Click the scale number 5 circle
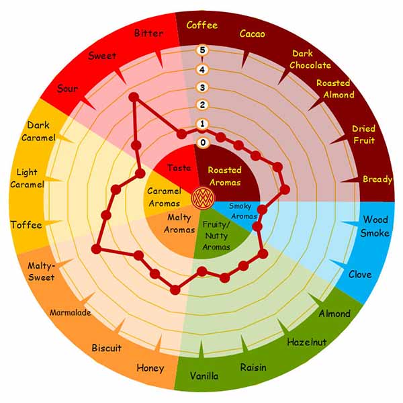click(x=202, y=50)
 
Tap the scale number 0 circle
click(x=203, y=142)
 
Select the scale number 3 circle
click(x=202, y=87)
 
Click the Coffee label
click(x=202, y=26)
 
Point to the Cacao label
click(x=252, y=34)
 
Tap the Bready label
click(x=377, y=179)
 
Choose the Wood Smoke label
click(x=375, y=226)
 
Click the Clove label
click(x=360, y=275)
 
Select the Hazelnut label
click(x=307, y=342)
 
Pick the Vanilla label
click(x=204, y=376)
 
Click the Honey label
click(x=150, y=368)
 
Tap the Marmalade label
click(x=70, y=312)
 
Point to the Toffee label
click(x=26, y=225)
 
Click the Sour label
click(x=67, y=89)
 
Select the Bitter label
click(x=148, y=33)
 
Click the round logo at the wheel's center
click(x=203, y=198)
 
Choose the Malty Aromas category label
click(x=179, y=224)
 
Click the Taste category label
click(x=179, y=168)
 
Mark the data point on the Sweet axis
click(x=134, y=97)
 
